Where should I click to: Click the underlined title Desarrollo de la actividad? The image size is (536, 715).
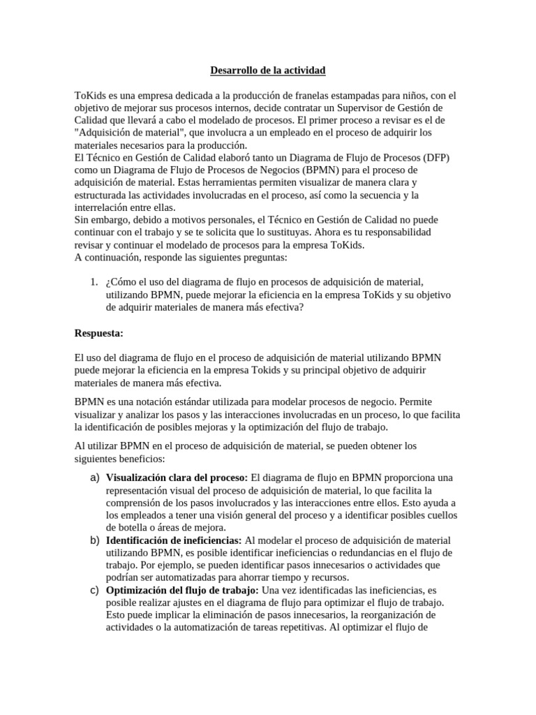pyautogui.click(x=268, y=71)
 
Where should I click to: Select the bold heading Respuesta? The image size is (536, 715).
pyautogui.click(x=98, y=332)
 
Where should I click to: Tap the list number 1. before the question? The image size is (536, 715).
pyautogui.click(x=94, y=281)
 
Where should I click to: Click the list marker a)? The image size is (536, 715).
pyautogui.click(x=96, y=477)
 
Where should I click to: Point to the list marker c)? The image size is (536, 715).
pyautogui.click(x=96, y=590)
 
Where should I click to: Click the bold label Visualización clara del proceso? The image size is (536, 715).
pyautogui.click(x=177, y=478)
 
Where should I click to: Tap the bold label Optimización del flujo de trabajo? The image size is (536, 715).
pyautogui.click(x=182, y=591)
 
